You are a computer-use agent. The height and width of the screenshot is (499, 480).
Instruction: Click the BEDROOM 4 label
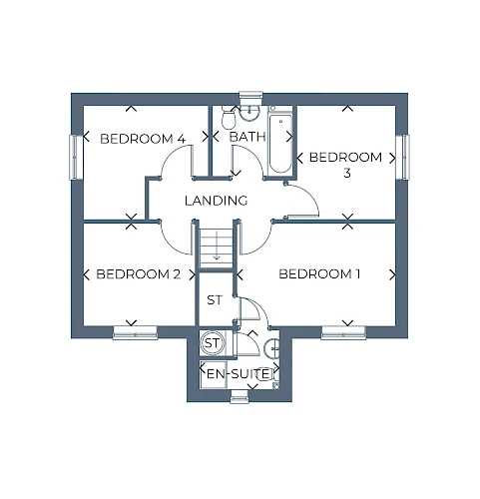click(x=143, y=139)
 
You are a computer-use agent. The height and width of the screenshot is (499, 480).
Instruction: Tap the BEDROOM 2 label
click(x=139, y=274)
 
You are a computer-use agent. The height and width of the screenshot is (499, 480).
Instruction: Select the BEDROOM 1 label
click(x=319, y=273)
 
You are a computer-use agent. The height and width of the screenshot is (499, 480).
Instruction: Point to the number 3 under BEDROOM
click(x=347, y=174)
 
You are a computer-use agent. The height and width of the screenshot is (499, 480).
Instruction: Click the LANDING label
click(x=217, y=201)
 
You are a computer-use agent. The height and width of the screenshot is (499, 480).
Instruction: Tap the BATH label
click(x=247, y=137)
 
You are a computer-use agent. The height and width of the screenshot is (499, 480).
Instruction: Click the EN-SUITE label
click(x=238, y=374)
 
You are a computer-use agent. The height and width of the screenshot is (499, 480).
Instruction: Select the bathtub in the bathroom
click(x=280, y=144)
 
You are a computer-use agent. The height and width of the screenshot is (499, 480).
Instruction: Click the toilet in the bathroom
click(x=229, y=119)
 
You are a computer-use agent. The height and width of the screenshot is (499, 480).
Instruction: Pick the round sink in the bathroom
click(x=249, y=113)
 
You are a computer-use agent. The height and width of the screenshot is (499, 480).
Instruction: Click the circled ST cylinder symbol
click(x=212, y=342)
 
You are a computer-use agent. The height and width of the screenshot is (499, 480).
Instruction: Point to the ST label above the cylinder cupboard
click(x=215, y=300)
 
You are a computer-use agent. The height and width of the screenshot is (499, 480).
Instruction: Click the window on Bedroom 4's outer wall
click(x=74, y=157)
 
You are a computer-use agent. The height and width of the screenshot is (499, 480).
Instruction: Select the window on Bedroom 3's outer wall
click(x=404, y=157)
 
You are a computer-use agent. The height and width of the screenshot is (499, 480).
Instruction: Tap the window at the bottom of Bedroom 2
click(x=135, y=332)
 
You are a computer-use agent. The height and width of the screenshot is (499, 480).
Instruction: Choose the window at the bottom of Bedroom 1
click(x=343, y=332)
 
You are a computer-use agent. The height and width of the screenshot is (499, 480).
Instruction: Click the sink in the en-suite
click(x=272, y=348)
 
